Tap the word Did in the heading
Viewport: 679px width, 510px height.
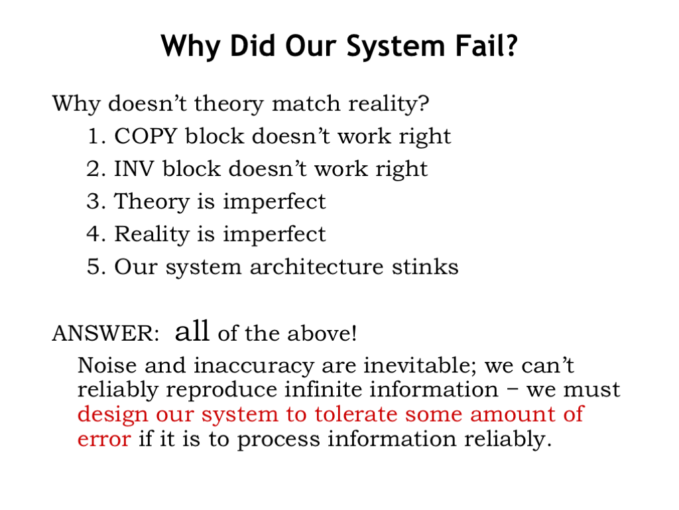252,46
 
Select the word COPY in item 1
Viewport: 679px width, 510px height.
145,136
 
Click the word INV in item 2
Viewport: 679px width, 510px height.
134,169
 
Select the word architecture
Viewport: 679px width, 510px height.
316,266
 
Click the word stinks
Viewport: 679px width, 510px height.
425,266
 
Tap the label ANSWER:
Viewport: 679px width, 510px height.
105,333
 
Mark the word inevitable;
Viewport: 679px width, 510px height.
420,366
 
